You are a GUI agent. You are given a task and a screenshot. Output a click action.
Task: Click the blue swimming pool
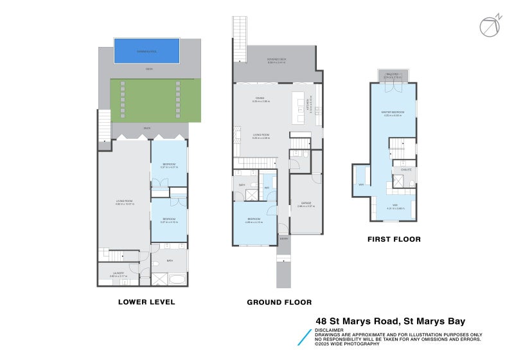pyautogui.click(x=146, y=51)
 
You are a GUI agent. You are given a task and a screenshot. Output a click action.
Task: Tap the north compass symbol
pyautogui.click(x=488, y=26)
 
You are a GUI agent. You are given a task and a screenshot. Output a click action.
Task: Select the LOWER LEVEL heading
pyautogui.click(x=146, y=301)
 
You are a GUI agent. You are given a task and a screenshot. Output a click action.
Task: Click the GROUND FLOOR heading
pyautogui.click(x=279, y=301)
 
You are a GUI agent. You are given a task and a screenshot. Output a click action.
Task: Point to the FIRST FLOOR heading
pyautogui.click(x=394, y=239)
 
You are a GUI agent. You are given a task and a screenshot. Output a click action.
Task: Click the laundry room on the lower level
pyautogui.click(x=118, y=274)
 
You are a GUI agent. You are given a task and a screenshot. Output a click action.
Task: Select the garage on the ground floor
pyautogui.click(x=306, y=204)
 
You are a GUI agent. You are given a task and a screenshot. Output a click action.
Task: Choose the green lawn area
pyautogui.click(x=154, y=100)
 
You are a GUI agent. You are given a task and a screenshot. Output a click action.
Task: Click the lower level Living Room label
pyautogui.click(x=124, y=203)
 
